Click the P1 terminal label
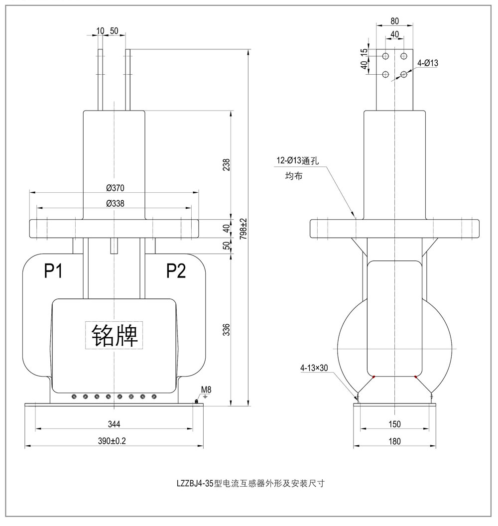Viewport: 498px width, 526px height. [x=53, y=271]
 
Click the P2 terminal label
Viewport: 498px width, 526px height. [x=176, y=271]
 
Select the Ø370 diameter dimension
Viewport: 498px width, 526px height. [x=115, y=188]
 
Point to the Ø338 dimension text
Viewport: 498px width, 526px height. [x=115, y=203]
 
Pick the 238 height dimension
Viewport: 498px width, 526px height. [x=227, y=165]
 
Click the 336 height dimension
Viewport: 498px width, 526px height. [x=227, y=329]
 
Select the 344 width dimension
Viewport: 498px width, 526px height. [x=114, y=424]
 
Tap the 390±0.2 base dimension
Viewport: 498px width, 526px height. [x=114, y=441]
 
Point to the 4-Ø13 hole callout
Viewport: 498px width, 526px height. [x=427, y=63]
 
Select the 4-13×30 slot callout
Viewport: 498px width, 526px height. [x=314, y=369]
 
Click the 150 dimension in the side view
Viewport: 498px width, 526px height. [x=394, y=424]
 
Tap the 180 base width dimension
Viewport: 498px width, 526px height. [x=394, y=441]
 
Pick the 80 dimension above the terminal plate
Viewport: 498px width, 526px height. [x=394, y=21]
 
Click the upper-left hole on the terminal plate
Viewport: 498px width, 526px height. [x=385, y=55]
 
